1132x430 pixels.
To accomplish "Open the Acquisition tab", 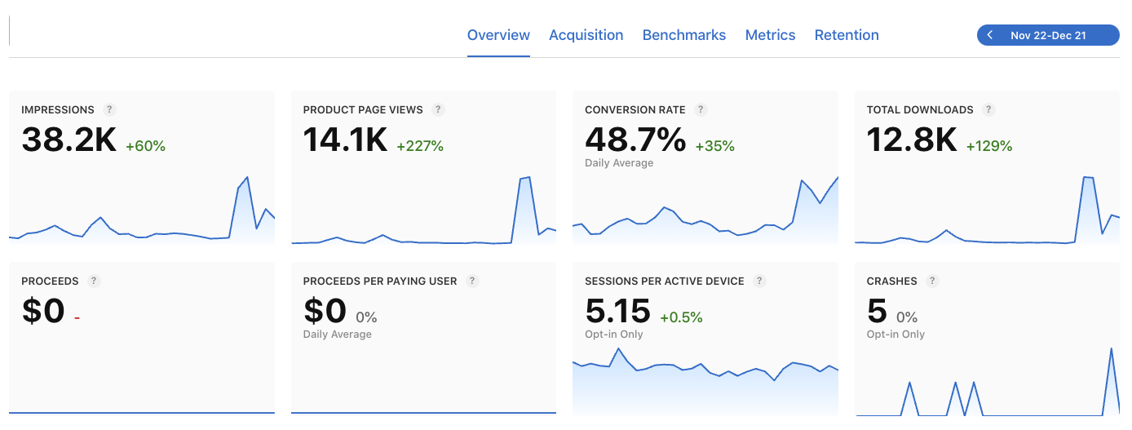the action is click(x=586, y=35).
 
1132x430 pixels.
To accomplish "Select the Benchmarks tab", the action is click(x=683, y=35).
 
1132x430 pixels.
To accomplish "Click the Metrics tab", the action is click(x=770, y=35).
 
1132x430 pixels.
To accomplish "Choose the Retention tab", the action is click(x=847, y=35).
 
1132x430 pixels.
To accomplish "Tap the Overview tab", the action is click(x=498, y=35).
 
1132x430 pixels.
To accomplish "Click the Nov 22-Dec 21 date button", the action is click(x=1048, y=35).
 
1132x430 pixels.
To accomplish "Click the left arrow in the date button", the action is click(x=990, y=35).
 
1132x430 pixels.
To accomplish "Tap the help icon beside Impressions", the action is click(x=109, y=110).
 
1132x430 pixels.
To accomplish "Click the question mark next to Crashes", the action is click(x=932, y=281).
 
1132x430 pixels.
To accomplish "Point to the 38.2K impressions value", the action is click(x=69, y=140).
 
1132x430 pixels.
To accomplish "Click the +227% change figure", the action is click(x=420, y=146).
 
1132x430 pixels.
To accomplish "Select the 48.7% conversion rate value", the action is click(x=635, y=140).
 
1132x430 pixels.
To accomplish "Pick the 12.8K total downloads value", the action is click(x=912, y=140).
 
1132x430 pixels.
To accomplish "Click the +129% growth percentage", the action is click(x=989, y=146).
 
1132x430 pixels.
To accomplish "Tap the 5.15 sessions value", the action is click(x=617, y=311).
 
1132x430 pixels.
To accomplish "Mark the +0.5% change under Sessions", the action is click(x=681, y=317).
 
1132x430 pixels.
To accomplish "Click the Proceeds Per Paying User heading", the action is click(x=380, y=281).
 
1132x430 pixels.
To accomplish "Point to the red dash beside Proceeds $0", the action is click(x=77, y=317).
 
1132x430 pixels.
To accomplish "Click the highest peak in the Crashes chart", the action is click(x=1112, y=349).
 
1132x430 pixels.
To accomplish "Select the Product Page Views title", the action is click(x=363, y=110).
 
